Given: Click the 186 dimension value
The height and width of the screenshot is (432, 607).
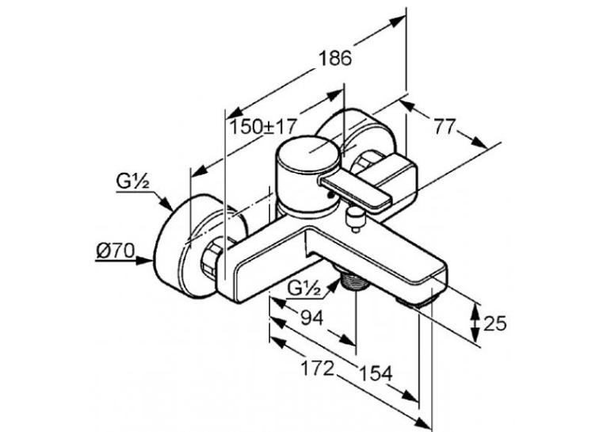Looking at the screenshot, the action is (335, 59).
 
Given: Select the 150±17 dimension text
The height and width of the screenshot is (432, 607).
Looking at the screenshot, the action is (264, 126).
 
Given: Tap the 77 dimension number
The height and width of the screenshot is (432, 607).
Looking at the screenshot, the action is (445, 127).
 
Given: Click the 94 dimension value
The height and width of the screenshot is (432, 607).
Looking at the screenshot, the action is (312, 318).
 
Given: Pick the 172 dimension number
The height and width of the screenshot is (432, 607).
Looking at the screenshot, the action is (318, 369).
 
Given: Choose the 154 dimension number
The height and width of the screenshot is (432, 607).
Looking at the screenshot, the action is (376, 374).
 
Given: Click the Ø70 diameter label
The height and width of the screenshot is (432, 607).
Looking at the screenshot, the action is (115, 251).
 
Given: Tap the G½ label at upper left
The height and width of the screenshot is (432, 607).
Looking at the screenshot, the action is (132, 182).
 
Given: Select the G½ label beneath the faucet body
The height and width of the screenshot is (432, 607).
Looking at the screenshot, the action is (304, 289).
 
